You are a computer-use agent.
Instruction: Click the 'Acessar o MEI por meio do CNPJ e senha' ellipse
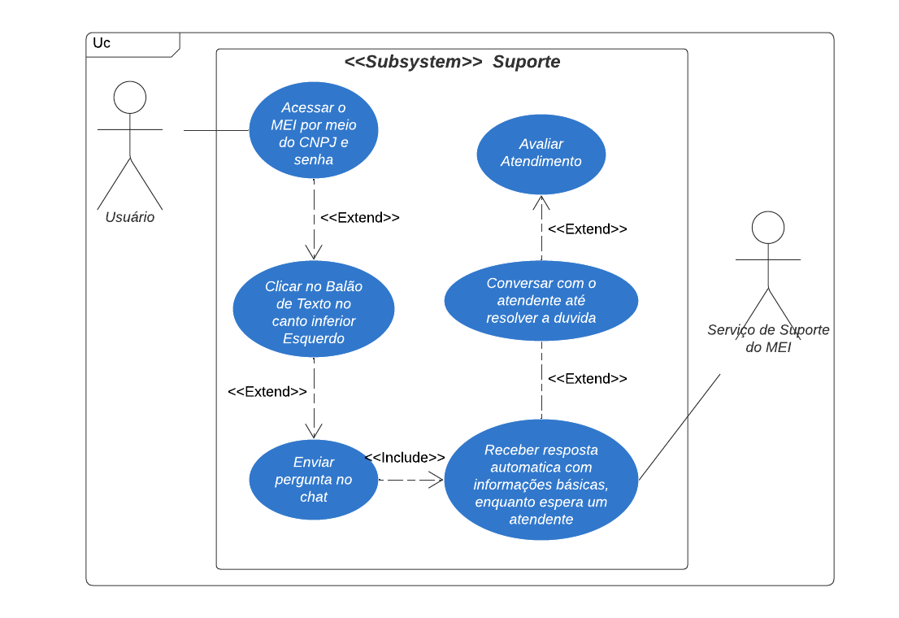[313, 130]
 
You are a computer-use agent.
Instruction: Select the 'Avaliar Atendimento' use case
[541, 153]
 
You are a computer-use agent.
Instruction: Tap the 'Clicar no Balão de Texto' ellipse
[313, 309]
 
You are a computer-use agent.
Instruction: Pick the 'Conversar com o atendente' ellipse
[541, 301]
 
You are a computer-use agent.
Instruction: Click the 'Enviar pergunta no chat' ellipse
[313, 480]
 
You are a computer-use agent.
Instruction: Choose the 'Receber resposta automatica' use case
[541, 480]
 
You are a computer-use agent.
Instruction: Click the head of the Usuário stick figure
[130, 98]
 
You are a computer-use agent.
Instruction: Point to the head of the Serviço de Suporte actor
[767, 228]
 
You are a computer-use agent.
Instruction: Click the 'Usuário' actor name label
[130, 218]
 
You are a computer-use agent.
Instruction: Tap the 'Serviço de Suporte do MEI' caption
[767, 338]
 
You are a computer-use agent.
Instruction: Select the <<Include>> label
[404, 458]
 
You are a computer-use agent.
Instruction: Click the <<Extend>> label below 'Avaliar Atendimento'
[587, 229]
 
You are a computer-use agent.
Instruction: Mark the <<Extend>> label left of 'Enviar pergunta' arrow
[267, 392]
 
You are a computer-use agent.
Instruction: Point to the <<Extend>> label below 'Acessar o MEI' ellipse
[359, 218]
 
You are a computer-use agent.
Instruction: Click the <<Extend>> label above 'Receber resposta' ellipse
[587, 379]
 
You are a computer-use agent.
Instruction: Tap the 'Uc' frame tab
[102, 43]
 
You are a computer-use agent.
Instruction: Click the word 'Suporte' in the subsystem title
[526, 63]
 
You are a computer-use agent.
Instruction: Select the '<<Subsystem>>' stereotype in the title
[413, 63]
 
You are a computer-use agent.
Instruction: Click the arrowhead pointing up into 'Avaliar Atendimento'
[541, 202]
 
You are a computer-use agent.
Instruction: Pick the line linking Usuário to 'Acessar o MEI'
[215, 130]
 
